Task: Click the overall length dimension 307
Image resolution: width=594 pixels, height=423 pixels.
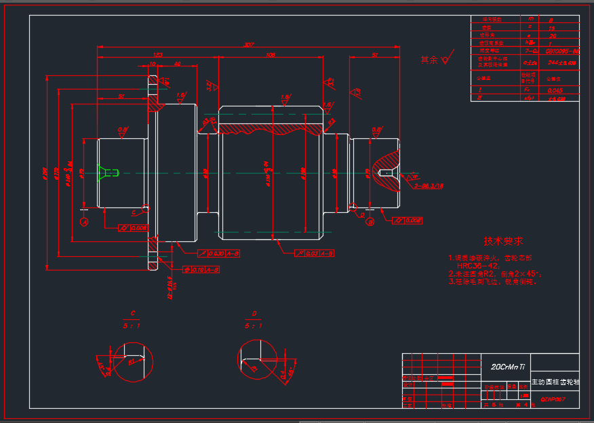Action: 248,45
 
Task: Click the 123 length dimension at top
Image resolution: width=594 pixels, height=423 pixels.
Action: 157,54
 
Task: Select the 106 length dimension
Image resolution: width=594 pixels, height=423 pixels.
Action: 271,54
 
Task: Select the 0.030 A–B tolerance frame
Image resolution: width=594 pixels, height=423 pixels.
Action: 218,254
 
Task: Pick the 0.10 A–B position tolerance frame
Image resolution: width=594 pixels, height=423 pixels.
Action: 201,270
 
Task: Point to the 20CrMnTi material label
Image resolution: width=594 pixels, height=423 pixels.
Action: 508,366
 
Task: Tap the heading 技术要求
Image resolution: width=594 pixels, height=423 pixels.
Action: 503,241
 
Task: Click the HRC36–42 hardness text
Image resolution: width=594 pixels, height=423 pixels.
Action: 479,266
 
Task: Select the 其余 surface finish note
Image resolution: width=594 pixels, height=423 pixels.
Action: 429,60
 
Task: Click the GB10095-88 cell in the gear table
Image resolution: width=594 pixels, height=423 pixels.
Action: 562,51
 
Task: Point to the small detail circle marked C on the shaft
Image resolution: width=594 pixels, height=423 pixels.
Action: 146,206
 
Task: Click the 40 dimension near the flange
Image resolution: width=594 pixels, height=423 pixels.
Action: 177,64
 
